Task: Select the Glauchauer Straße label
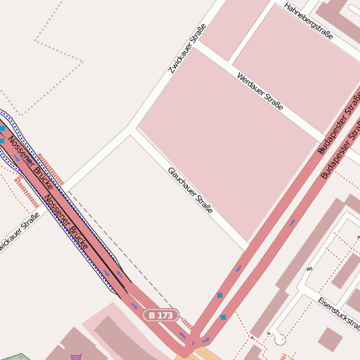(x=190, y=187)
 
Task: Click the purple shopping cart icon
(x=77, y=356)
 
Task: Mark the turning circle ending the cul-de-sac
(x=279, y=339)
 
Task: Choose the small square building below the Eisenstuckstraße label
(x=330, y=338)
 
